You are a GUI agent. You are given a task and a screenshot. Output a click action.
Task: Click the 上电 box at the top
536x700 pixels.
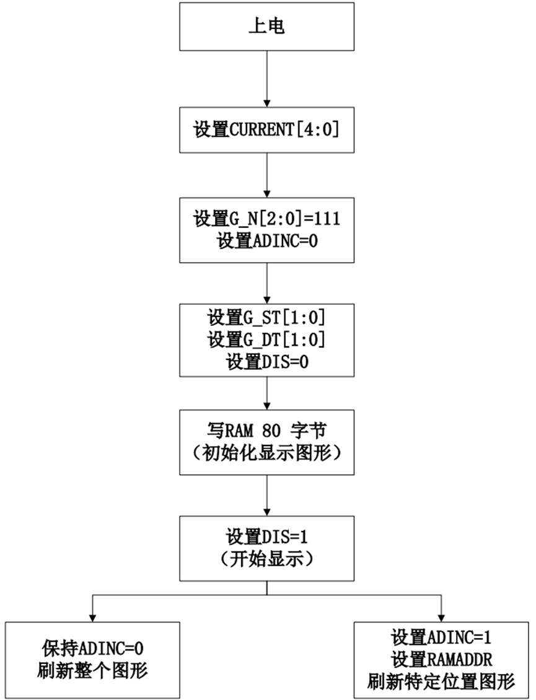click(266, 27)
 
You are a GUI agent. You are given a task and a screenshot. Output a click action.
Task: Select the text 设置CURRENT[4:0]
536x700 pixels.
click(266, 129)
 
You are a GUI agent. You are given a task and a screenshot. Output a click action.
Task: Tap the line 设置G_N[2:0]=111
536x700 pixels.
click(266, 219)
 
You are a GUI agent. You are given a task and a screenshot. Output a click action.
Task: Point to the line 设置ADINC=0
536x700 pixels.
click(267, 241)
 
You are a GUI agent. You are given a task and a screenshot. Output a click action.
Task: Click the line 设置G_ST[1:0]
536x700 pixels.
click(266, 318)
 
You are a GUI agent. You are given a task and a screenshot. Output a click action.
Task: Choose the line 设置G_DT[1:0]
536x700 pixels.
click(266, 339)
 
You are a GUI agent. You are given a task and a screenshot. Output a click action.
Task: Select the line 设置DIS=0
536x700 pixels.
click(267, 362)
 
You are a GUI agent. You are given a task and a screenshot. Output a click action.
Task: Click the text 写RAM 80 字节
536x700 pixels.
click(266, 431)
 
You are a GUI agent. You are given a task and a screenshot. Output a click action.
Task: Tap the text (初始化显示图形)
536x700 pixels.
click(266, 453)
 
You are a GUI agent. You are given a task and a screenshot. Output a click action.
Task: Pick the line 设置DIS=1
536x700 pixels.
click(266, 536)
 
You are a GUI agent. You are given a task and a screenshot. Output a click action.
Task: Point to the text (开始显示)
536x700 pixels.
click(266, 559)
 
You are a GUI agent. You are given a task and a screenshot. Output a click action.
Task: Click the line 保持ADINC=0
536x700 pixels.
click(92, 648)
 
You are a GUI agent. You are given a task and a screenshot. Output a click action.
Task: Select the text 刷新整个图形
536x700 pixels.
click(92, 670)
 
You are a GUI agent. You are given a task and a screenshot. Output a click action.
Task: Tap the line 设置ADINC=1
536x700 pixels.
click(441, 637)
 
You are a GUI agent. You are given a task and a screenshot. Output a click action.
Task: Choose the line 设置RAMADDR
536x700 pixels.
click(441, 659)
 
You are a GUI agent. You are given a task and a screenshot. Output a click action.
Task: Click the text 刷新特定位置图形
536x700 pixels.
click(441, 681)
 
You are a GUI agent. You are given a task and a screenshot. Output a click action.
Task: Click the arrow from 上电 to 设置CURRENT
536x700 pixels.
click(266, 79)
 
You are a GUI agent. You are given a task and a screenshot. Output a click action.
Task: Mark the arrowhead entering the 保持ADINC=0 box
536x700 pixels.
click(92, 618)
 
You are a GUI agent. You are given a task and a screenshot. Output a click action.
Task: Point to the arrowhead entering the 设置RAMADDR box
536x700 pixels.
click(441, 618)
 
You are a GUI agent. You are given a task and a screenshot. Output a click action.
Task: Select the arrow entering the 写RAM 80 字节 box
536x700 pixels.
click(266, 393)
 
